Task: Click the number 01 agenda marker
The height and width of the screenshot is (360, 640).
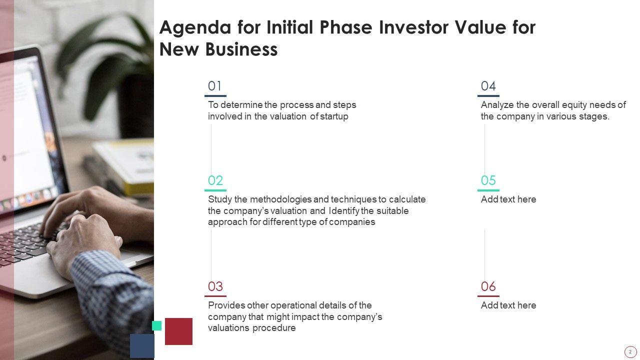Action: click(214, 86)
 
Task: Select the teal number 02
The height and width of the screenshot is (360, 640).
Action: click(215, 180)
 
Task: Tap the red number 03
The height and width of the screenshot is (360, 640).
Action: click(215, 286)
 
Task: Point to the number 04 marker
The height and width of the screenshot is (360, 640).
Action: click(488, 86)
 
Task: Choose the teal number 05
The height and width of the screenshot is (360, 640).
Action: click(488, 180)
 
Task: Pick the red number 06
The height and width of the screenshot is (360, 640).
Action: click(488, 286)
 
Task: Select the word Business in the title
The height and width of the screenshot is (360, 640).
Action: click(241, 49)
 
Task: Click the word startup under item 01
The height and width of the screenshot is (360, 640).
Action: click(334, 116)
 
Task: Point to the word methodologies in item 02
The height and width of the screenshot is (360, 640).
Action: click(281, 199)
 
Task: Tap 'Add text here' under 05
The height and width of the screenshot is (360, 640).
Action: click(508, 199)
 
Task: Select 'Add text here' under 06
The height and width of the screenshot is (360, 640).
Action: click(508, 305)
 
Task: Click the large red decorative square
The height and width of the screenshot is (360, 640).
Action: click(178, 331)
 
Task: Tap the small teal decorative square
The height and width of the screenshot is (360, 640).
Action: click(156, 325)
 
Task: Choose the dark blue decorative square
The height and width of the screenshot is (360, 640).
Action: click(142, 346)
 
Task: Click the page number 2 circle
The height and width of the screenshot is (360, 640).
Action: click(630, 352)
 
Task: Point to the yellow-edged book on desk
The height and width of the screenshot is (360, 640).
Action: click(125, 165)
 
